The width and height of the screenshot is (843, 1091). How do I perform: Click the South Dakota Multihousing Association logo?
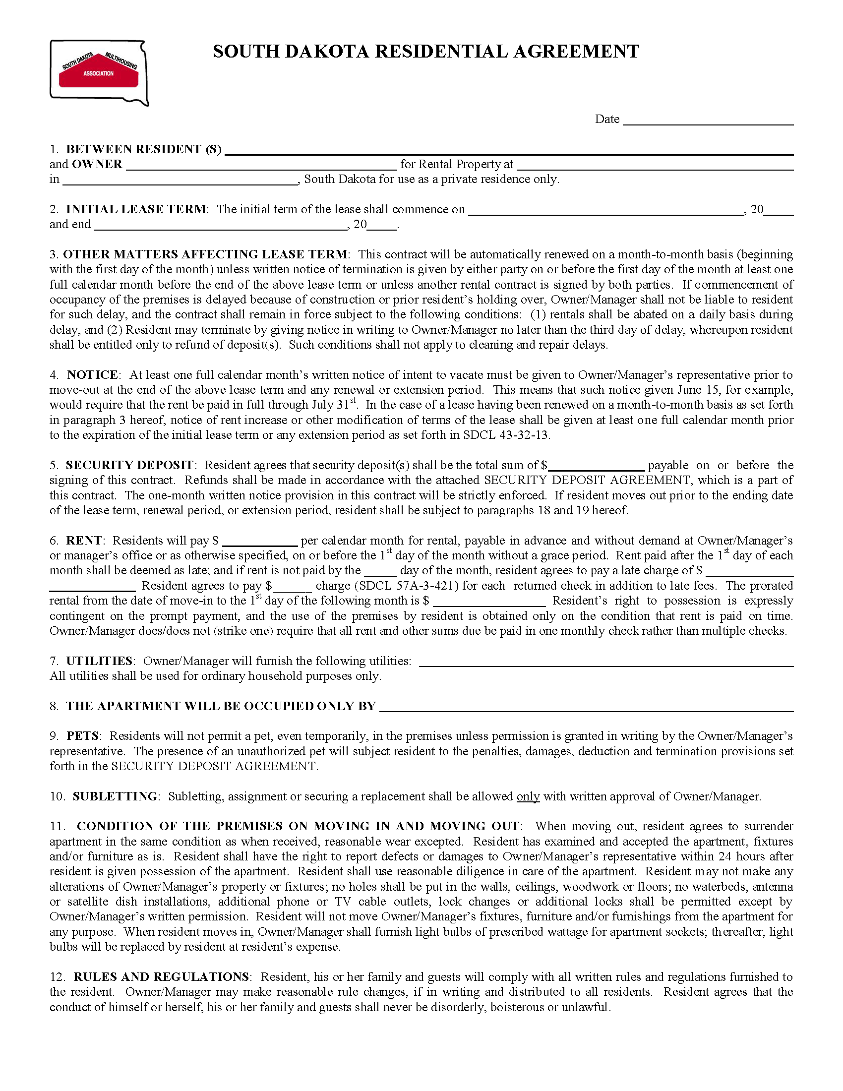point(99,73)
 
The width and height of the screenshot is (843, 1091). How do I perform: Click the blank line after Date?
point(708,120)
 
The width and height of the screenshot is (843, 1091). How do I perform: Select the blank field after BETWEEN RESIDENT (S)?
point(508,150)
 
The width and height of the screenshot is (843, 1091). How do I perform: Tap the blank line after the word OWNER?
point(261,165)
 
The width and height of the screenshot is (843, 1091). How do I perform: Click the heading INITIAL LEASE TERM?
point(135,209)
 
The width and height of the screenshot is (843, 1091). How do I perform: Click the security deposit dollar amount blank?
point(596,466)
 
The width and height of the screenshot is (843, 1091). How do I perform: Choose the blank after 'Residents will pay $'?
point(260,541)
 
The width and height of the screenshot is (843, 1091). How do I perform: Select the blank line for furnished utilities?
point(606,662)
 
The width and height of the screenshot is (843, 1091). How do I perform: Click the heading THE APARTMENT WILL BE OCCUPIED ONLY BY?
point(220,706)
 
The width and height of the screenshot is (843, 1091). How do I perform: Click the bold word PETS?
point(82,736)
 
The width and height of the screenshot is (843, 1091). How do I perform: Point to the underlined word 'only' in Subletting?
point(528,796)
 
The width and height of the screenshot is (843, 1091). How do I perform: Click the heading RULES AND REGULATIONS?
point(161,977)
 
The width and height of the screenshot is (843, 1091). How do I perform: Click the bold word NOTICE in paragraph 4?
point(92,375)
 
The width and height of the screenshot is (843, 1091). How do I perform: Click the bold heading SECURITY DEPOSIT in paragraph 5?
point(129,466)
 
